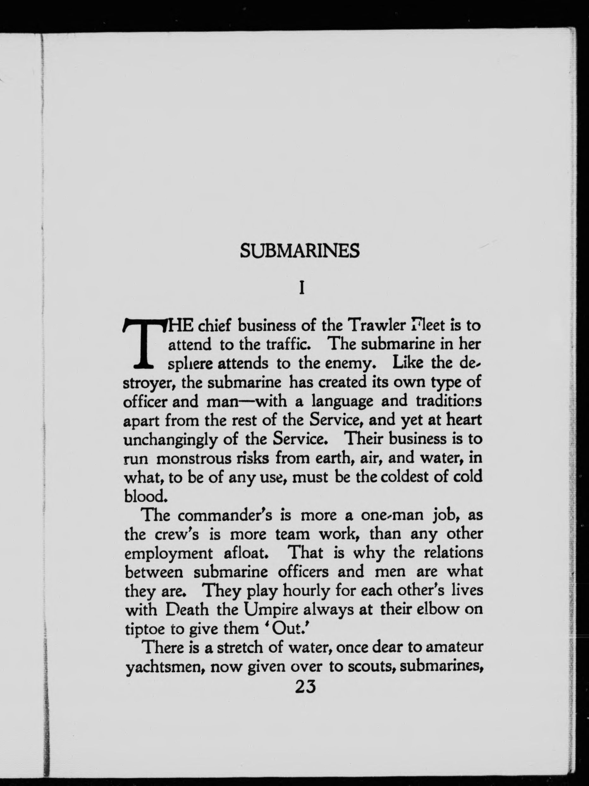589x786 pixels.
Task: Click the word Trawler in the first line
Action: [376, 325]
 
